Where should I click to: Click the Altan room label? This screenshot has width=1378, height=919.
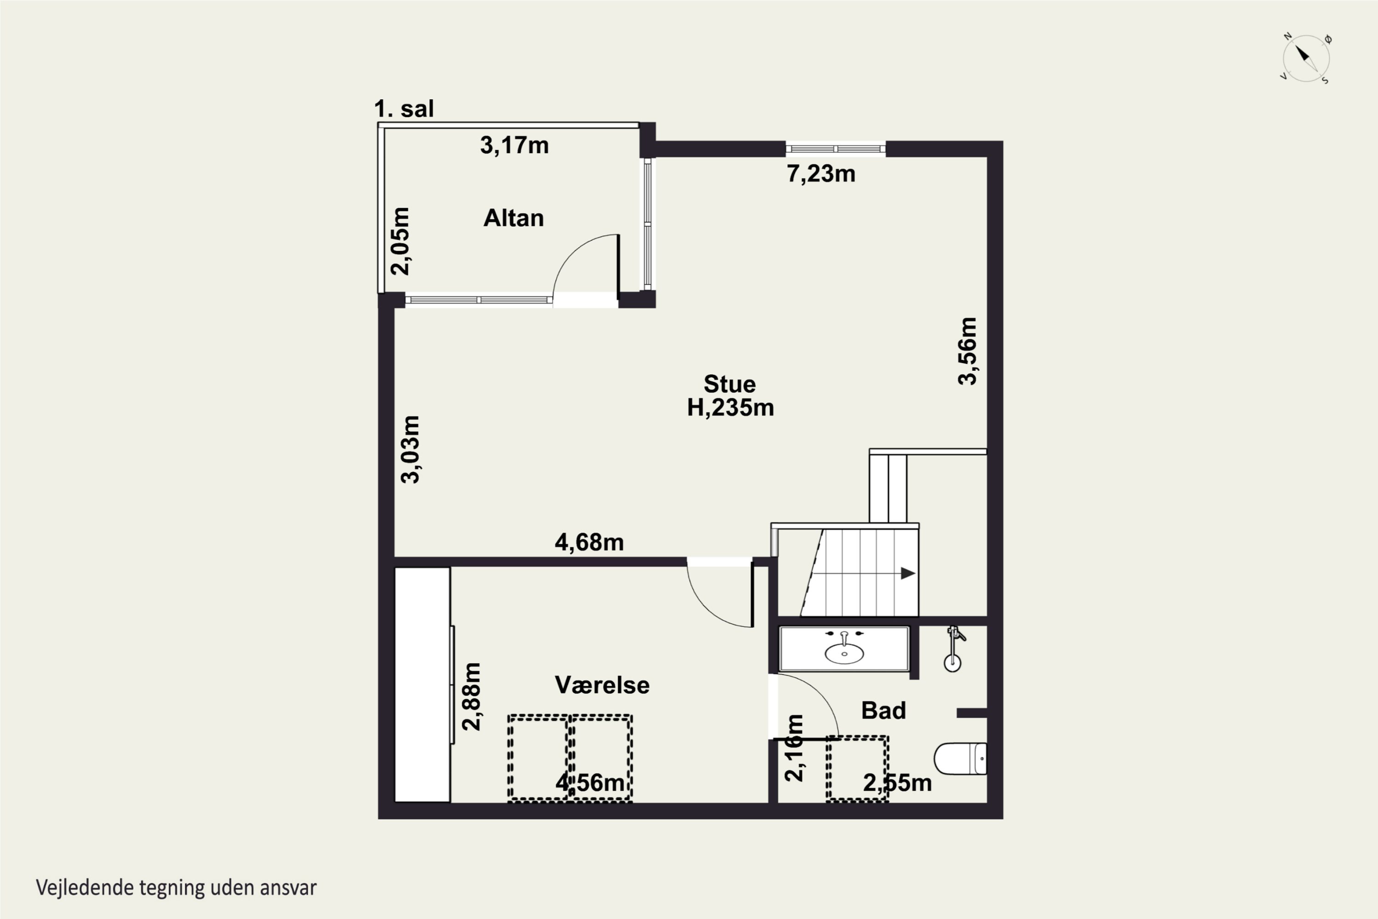[513, 218]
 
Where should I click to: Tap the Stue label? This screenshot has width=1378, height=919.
[729, 384]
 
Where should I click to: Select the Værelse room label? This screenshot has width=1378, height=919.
[602, 685]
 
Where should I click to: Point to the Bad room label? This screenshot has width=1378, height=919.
[883, 710]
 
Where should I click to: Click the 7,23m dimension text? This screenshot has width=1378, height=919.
[821, 174]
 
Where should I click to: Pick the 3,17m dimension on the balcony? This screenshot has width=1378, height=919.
[514, 145]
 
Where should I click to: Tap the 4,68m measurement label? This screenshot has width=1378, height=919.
[589, 543]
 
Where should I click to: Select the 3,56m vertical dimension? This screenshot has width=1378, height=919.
[967, 351]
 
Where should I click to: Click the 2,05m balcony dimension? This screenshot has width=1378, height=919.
[400, 241]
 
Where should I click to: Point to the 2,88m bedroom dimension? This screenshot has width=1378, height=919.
[472, 696]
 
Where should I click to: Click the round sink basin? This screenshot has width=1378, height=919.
[844, 653]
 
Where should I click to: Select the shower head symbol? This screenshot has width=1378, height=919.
[953, 648]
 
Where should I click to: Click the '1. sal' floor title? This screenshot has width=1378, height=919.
[404, 109]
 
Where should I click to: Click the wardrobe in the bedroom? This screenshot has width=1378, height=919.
[423, 685]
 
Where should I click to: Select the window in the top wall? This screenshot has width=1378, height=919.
[836, 149]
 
